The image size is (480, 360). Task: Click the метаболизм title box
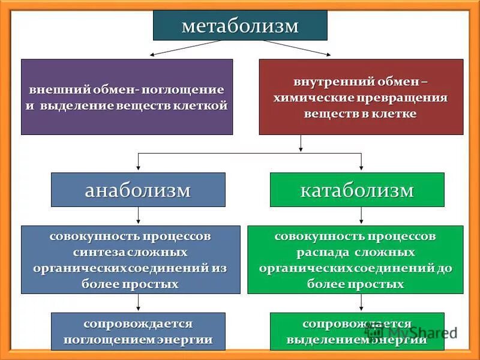click(240, 26)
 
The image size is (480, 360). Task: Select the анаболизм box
click(138, 190)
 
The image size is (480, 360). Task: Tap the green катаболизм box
click(357, 190)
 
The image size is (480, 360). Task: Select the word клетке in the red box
click(394, 113)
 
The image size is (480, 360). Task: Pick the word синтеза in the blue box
click(94, 251)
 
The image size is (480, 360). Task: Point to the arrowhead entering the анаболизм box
click(139, 169)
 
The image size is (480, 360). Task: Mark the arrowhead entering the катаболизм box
click(361, 169)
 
